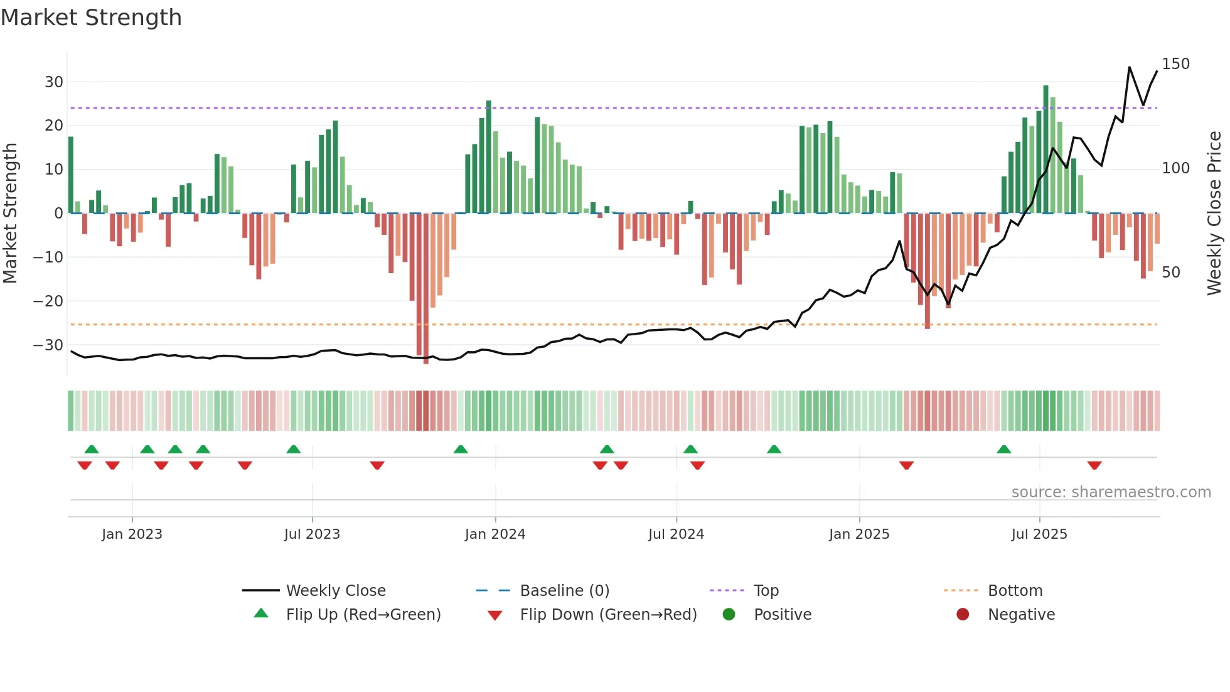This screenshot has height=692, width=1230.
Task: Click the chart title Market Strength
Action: point(91,18)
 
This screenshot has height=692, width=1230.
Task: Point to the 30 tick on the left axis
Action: point(54,82)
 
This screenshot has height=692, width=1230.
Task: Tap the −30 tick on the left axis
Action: point(49,345)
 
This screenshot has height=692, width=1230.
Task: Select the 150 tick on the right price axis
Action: point(1175,64)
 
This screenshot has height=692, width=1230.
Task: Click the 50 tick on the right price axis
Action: point(1171,273)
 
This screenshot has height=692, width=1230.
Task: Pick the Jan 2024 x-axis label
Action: point(495,534)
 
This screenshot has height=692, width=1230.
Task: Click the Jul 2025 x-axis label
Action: point(1039,534)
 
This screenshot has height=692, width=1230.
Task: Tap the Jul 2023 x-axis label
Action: point(312,534)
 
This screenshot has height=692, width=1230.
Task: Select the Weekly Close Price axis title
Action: point(1214,214)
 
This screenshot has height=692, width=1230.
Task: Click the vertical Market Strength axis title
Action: point(10,214)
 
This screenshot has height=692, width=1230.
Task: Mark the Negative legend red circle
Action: point(963,615)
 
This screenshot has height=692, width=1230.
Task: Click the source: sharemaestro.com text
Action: point(1111,492)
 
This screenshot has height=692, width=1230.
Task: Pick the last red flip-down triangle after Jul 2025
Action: point(1094,465)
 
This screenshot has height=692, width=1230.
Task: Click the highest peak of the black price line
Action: point(1130,67)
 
